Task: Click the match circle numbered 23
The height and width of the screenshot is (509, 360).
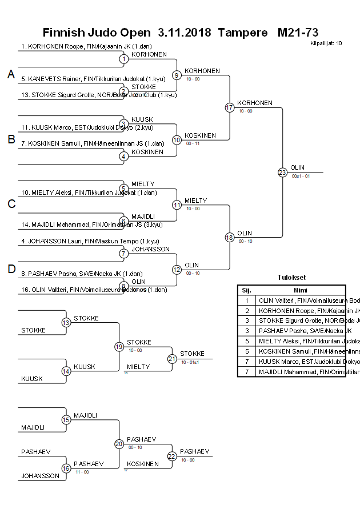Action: click(x=282, y=172)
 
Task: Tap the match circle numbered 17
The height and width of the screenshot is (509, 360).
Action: click(x=230, y=107)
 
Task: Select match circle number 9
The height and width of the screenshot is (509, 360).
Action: click(x=177, y=75)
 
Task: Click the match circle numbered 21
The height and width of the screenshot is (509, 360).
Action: click(x=172, y=359)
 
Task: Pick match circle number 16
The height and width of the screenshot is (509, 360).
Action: click(x=66, y=468)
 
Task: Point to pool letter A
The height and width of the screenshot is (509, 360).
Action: click(x=10, y=75)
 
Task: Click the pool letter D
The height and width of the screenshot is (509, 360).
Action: click(x=11, y=269)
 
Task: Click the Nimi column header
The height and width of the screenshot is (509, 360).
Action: click(x=300, y=290)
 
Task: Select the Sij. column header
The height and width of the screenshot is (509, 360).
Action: click(x=246, y=290)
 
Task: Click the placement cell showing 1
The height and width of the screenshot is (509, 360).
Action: click(x=246, y=300)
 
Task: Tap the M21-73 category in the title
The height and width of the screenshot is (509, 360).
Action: click(x=297, y=32)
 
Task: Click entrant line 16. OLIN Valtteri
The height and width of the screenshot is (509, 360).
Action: click(x=94, y=290)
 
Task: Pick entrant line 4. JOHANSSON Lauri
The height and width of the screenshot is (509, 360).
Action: click(x=90, y=241)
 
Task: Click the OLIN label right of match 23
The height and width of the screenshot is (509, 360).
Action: click(x=297, y=167)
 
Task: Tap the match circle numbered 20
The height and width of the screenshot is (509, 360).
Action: click(x=119, y=444)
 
